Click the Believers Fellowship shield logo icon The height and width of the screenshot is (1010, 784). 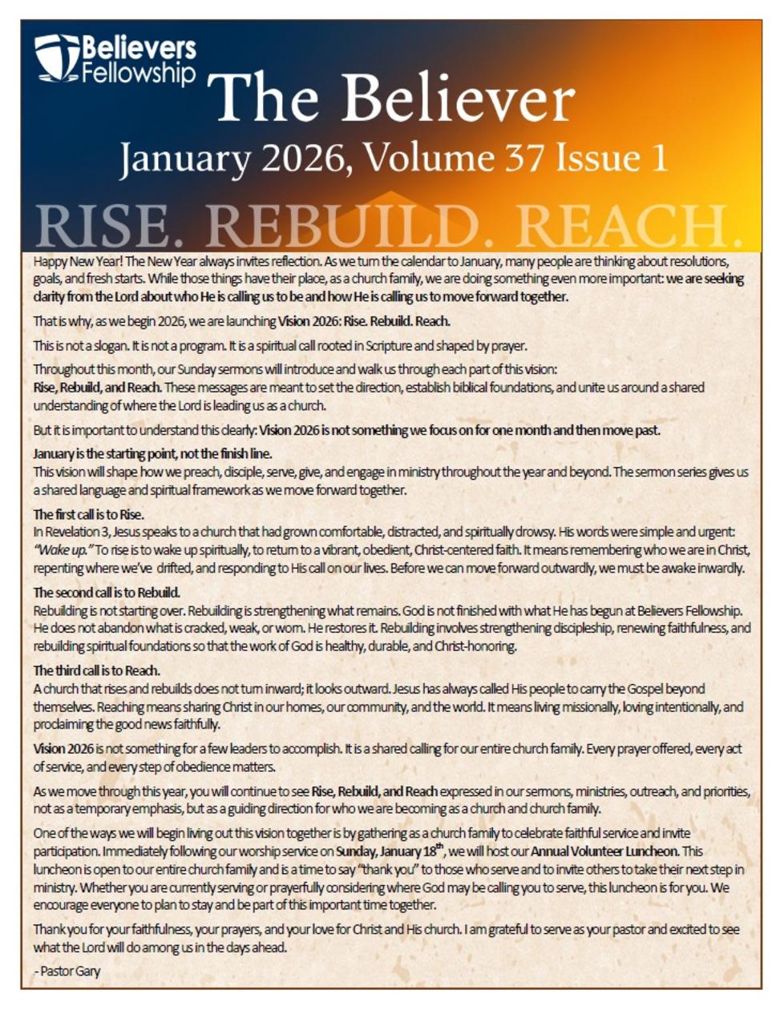56,58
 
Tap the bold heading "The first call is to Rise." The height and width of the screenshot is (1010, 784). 88,514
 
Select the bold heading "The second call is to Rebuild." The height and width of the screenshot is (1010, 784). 107,593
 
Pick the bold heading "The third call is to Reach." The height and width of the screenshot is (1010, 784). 96,670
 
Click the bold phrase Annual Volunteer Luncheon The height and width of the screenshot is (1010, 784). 604,851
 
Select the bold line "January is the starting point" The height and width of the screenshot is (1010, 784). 152,453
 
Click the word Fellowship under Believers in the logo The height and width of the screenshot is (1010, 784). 139,74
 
